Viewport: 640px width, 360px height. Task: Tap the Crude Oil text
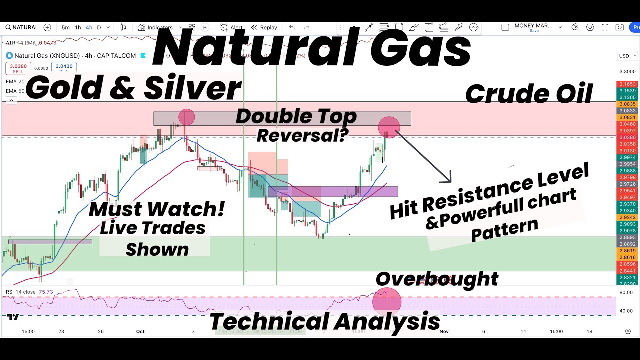click(x=529, y=94)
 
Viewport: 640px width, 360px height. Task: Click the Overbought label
click(x=437, y=279)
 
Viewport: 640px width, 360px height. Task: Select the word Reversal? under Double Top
click(x=302, y=135)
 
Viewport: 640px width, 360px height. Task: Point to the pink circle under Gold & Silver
click(x=186, y=117)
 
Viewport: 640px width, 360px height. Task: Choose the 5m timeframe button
click(x=66, y=28)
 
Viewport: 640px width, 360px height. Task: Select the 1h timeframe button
click(x=78, y=28)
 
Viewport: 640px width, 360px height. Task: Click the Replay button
click(x=265, y=28)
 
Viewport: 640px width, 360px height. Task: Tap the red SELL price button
click(x=18, y=68)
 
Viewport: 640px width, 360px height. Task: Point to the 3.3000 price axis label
click(x=627, y=72)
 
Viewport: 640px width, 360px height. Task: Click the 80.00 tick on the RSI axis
click(x=626, y=292)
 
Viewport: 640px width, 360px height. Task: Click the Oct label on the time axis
click(x=140, y=331)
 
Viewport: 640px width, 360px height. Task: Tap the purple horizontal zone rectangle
click(x=333, y=192)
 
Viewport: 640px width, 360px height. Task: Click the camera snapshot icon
click(x=620, y=28)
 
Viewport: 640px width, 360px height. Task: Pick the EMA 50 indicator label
click(x=15, y=91)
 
